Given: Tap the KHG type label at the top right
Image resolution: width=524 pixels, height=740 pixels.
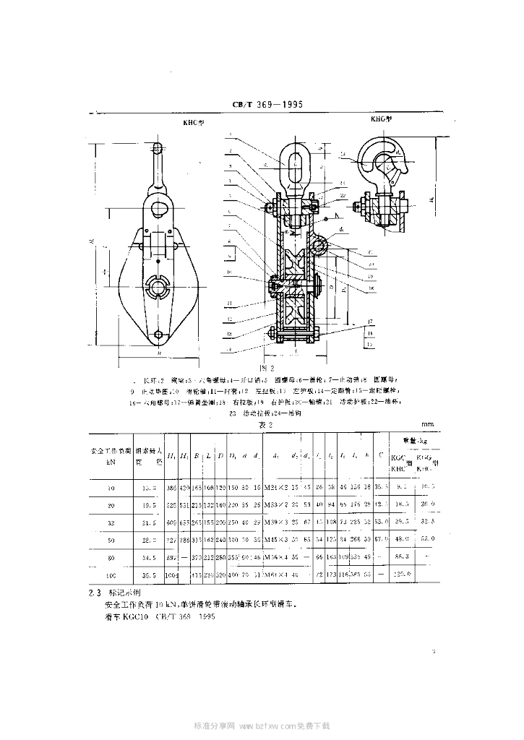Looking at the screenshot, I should (381, 118).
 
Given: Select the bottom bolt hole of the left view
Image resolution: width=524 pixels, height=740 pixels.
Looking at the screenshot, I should (160, 335).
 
